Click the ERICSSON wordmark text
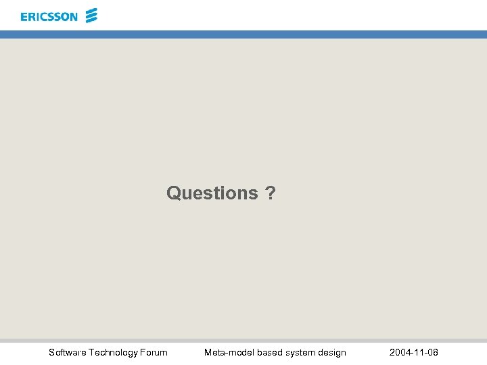[x=49, y=17]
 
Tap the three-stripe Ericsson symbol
[x=92, y=16]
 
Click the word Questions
[x=212, y=193]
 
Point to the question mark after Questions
[x=271, y=193]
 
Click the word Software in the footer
[x=67, y=352]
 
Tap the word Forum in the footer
[x=154, y=352]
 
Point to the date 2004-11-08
[x=413, y=352]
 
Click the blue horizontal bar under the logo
[x=243, y=34]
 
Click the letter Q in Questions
[x=174, y=193]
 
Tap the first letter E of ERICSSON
[x=24, y=17]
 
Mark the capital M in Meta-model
[x=208, y=352]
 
